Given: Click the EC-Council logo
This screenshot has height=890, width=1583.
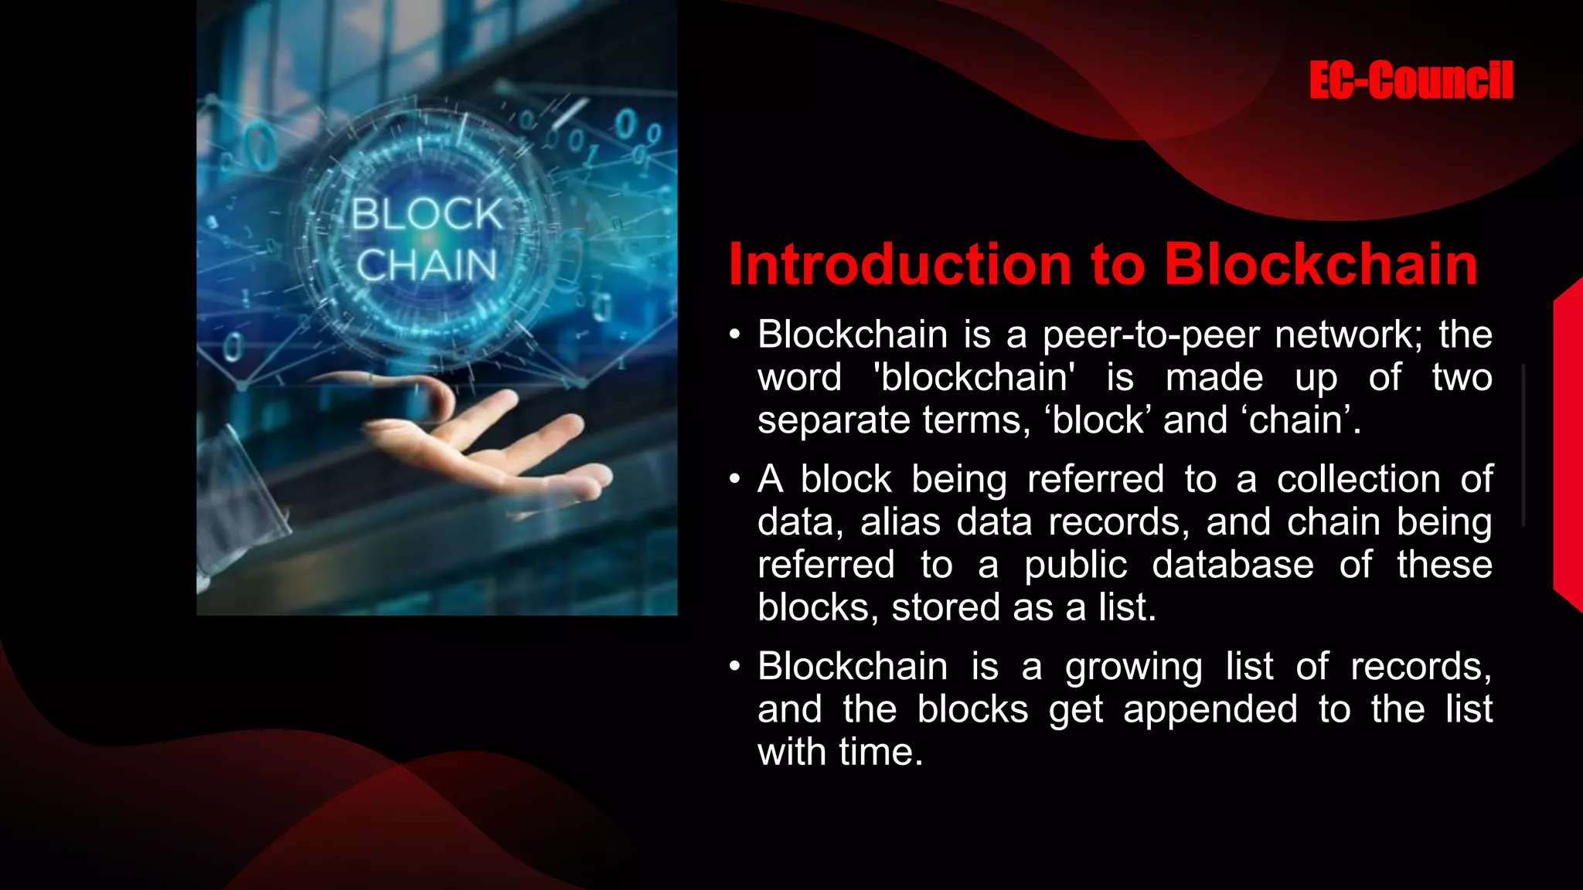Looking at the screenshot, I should (1411, 80).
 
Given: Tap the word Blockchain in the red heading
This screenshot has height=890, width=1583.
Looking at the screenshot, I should (1321, 265).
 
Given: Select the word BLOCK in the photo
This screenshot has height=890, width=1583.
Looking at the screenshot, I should (427, 214).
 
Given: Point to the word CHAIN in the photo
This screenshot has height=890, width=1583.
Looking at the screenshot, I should (427, 265).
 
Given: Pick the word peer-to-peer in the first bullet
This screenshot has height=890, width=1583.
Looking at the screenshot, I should (1149, 335).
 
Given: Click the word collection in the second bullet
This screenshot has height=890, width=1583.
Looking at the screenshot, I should (1358, 479).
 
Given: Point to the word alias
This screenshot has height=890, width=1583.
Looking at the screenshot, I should (900, 521).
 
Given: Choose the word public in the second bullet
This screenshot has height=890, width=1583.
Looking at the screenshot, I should (1075, 566).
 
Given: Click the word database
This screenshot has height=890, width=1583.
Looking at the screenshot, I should (1232, 565).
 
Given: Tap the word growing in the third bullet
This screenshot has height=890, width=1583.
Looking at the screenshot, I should (1133, 667).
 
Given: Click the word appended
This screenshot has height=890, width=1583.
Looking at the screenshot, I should (1210, 710).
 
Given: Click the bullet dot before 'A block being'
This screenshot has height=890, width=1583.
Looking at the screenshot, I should (734, 480).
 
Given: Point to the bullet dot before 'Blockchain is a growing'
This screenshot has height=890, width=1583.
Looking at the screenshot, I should (734, 667).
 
